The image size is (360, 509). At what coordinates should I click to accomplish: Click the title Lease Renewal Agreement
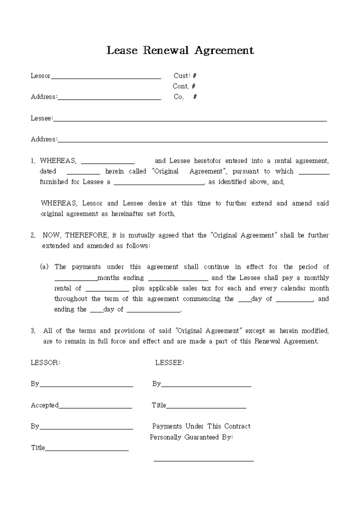tap(180, 50)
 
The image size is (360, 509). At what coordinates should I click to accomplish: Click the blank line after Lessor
tap(106, 78)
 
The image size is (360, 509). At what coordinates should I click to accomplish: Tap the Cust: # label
tap(185, 76)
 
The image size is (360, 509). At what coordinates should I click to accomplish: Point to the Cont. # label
tap(184, 86)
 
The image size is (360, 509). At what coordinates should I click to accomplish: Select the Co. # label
tap(185, 97)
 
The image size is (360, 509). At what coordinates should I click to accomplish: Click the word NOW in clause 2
tap(52, 235)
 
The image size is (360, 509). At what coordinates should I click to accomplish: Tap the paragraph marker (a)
tap(44, 267)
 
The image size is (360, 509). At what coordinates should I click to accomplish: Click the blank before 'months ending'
tap(76, 280)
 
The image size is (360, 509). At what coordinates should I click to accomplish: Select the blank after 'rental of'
tap(107, 290)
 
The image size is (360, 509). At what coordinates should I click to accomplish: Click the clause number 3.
tap(33, 331)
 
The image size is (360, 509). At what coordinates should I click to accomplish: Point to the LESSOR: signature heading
tap(46, 362)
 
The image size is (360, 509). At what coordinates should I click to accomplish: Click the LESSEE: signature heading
tap(169, 362)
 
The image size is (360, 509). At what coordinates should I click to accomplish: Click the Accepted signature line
tap(95, 407)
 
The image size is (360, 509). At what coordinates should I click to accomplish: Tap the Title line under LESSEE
tap(206, 407)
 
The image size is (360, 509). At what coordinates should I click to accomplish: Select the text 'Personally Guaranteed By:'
tap(191, 437)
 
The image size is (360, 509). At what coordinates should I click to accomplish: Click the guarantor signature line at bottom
tap(203, 461)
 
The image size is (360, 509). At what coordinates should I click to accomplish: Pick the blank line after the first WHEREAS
tap(107, 163)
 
